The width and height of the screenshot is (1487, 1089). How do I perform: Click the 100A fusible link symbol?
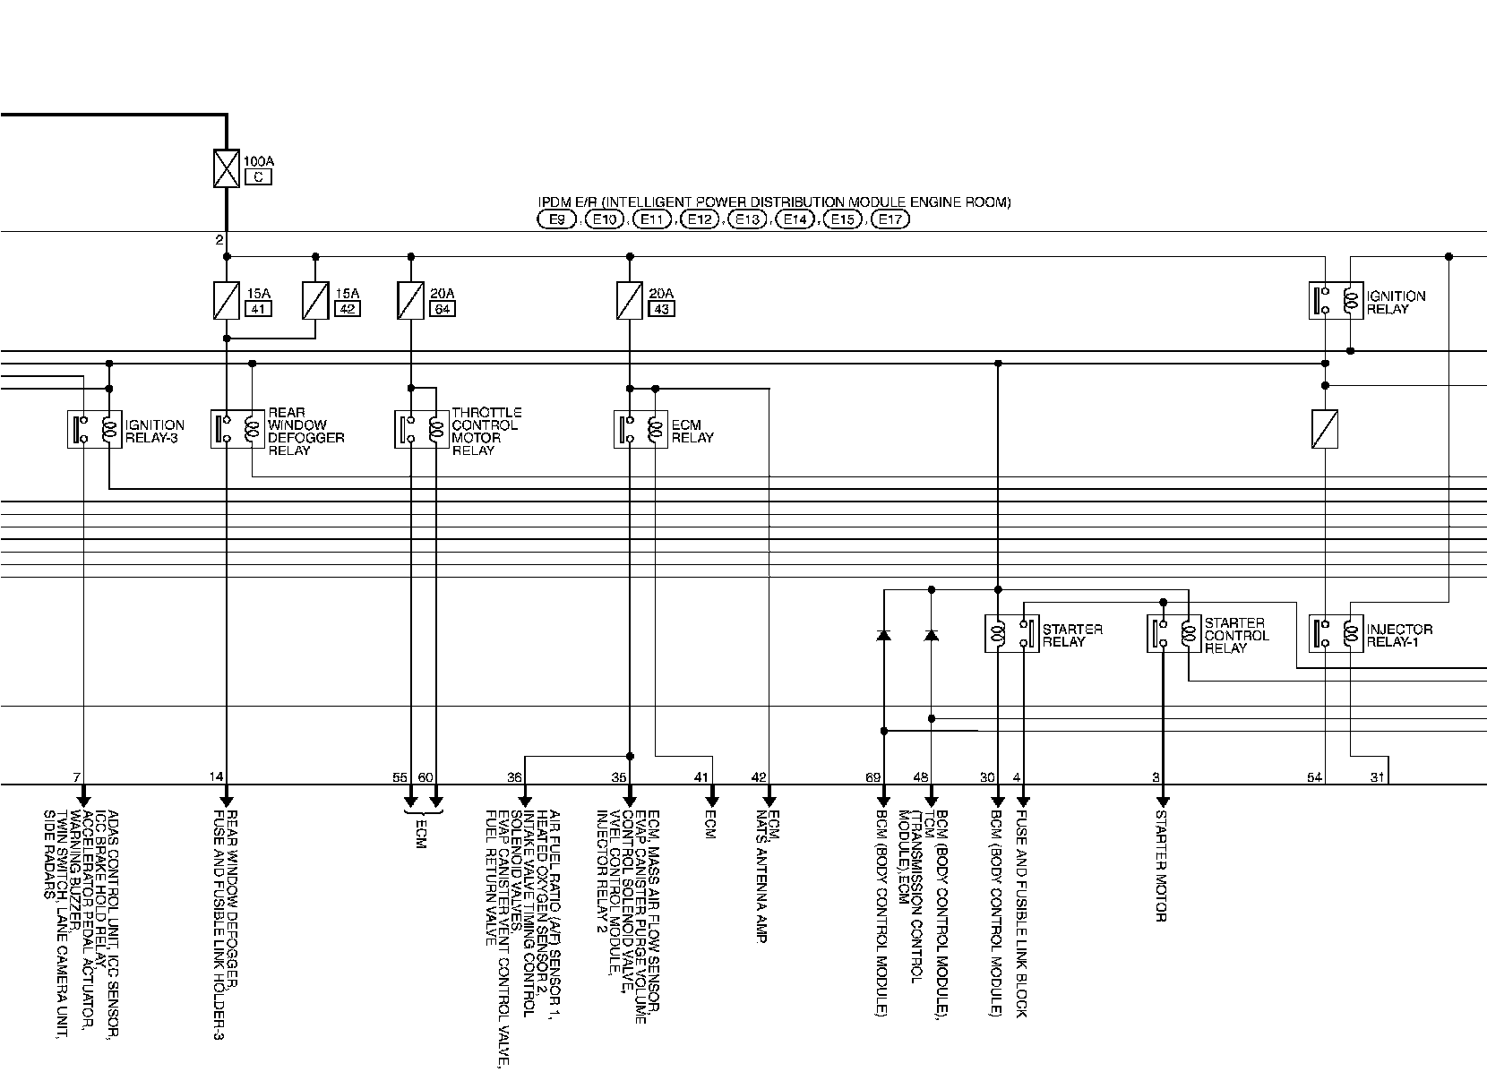(226, 167)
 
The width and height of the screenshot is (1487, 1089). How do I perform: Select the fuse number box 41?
(257, 309)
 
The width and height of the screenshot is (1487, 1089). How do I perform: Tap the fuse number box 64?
(442, 309)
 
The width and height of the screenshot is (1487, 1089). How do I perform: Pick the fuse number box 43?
(662, 309)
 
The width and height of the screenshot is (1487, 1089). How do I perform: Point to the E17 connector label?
(890, 219)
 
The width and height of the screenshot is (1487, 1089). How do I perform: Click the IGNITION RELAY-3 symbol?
(95, 430)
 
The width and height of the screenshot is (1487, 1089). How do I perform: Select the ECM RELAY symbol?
(640, 430)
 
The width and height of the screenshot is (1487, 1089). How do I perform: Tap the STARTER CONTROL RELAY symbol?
(1174, 634)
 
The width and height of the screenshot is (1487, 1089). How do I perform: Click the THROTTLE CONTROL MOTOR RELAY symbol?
(422, 430)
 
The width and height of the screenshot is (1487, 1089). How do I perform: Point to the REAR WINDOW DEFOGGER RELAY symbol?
(238, 430)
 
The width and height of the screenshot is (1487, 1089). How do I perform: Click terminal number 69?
(873, 777)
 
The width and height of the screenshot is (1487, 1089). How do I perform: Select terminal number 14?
(216, 777)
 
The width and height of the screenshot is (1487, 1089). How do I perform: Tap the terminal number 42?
(759, 777)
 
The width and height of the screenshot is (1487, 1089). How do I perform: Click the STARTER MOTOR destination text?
(1161, 865)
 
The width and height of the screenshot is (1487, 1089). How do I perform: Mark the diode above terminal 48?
(932, 635)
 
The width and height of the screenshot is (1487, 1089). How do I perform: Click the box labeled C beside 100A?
(257, 177)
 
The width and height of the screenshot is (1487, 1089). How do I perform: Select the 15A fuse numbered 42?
(315, 301)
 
